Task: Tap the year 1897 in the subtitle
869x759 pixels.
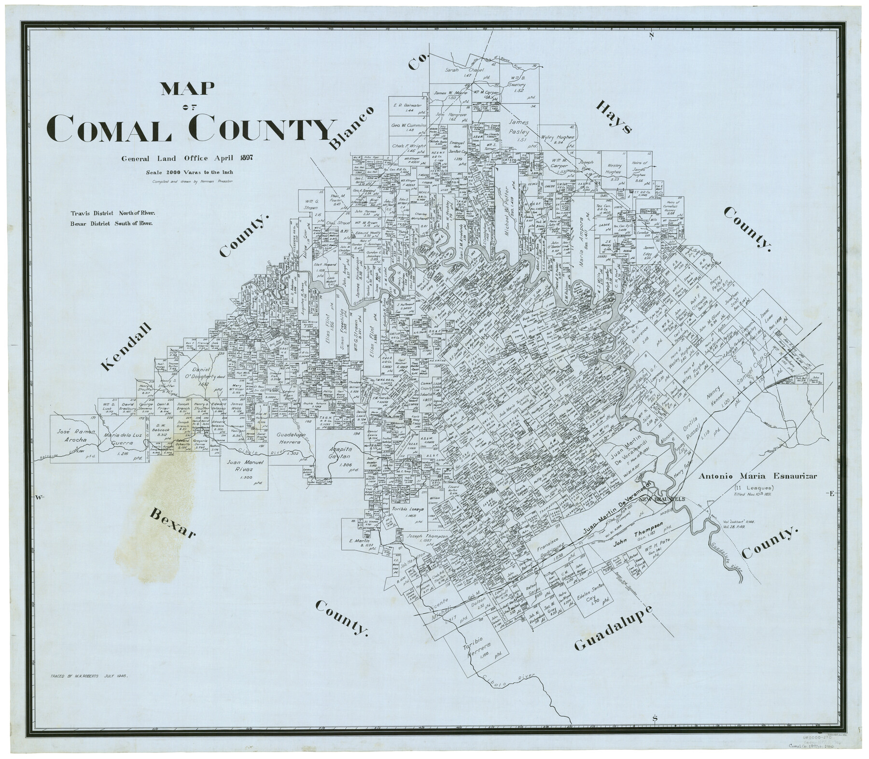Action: [245, 158]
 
